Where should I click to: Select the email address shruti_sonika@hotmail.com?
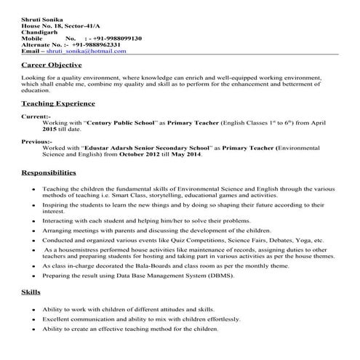coord(87,52)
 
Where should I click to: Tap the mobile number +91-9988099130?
coord(119,39)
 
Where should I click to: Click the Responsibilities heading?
coord(49,173)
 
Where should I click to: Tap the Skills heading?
coord(31,292)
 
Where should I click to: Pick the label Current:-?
coord(36,116)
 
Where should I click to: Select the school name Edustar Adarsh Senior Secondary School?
coord(148,148)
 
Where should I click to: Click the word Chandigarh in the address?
coord(39,32)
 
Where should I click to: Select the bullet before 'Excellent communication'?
coord(33,319)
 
